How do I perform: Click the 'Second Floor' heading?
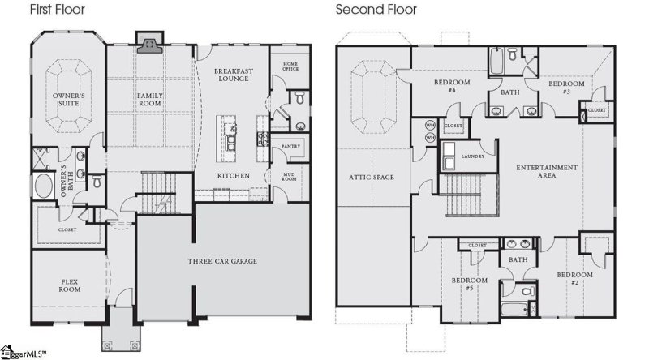tap(376, 11)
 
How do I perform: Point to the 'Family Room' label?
tap(149, 101)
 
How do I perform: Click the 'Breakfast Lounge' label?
tap(234, 76)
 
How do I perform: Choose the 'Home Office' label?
tap(290, 67)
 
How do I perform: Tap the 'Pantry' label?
tap(290, 146)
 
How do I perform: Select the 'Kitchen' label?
tap(233, 176)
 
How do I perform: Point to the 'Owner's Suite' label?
tap(69, 101)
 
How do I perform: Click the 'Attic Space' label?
tap(371, 177)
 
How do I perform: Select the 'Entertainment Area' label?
tap(547, 172)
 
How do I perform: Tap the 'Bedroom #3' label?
tap(566, 88)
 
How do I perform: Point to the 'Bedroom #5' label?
tap(469, 284)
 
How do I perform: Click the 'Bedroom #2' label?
tap(574, 279)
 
